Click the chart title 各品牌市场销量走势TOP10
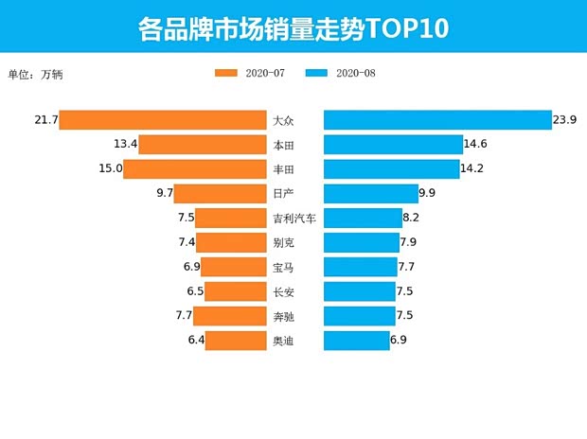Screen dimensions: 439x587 (x=293, y=27)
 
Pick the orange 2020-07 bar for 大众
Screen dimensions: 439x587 (x=163, y=120)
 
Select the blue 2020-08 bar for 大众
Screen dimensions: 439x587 (x=437, y=120)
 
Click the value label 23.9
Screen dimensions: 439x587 (x=565, y=120)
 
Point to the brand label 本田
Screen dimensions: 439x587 (x=283, y=145)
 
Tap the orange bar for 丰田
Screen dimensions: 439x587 (x=195, y=169)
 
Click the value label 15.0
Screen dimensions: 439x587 (x=109, y=169)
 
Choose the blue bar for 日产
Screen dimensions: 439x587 (x=370, y=194)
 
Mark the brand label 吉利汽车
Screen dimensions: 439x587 (x=293, y=219)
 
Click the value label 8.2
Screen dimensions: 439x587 (x=411, y=219)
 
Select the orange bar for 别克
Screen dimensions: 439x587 (x=231, y=243)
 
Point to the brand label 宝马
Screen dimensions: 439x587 (x=283, y=268)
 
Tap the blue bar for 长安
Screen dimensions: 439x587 (x=359, y=291)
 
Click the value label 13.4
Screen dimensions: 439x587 (x=125, y=145)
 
